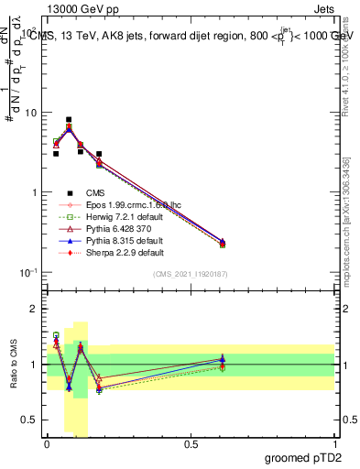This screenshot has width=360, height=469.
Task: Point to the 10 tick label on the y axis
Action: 31,113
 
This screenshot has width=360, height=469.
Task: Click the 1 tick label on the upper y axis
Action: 35,192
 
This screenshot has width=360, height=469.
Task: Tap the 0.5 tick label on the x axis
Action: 191,444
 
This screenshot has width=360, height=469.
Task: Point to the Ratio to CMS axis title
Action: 15,365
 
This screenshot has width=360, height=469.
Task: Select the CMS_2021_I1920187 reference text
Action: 191,275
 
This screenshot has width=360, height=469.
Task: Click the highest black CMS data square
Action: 69,119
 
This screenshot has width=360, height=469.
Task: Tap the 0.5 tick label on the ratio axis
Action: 30,420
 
